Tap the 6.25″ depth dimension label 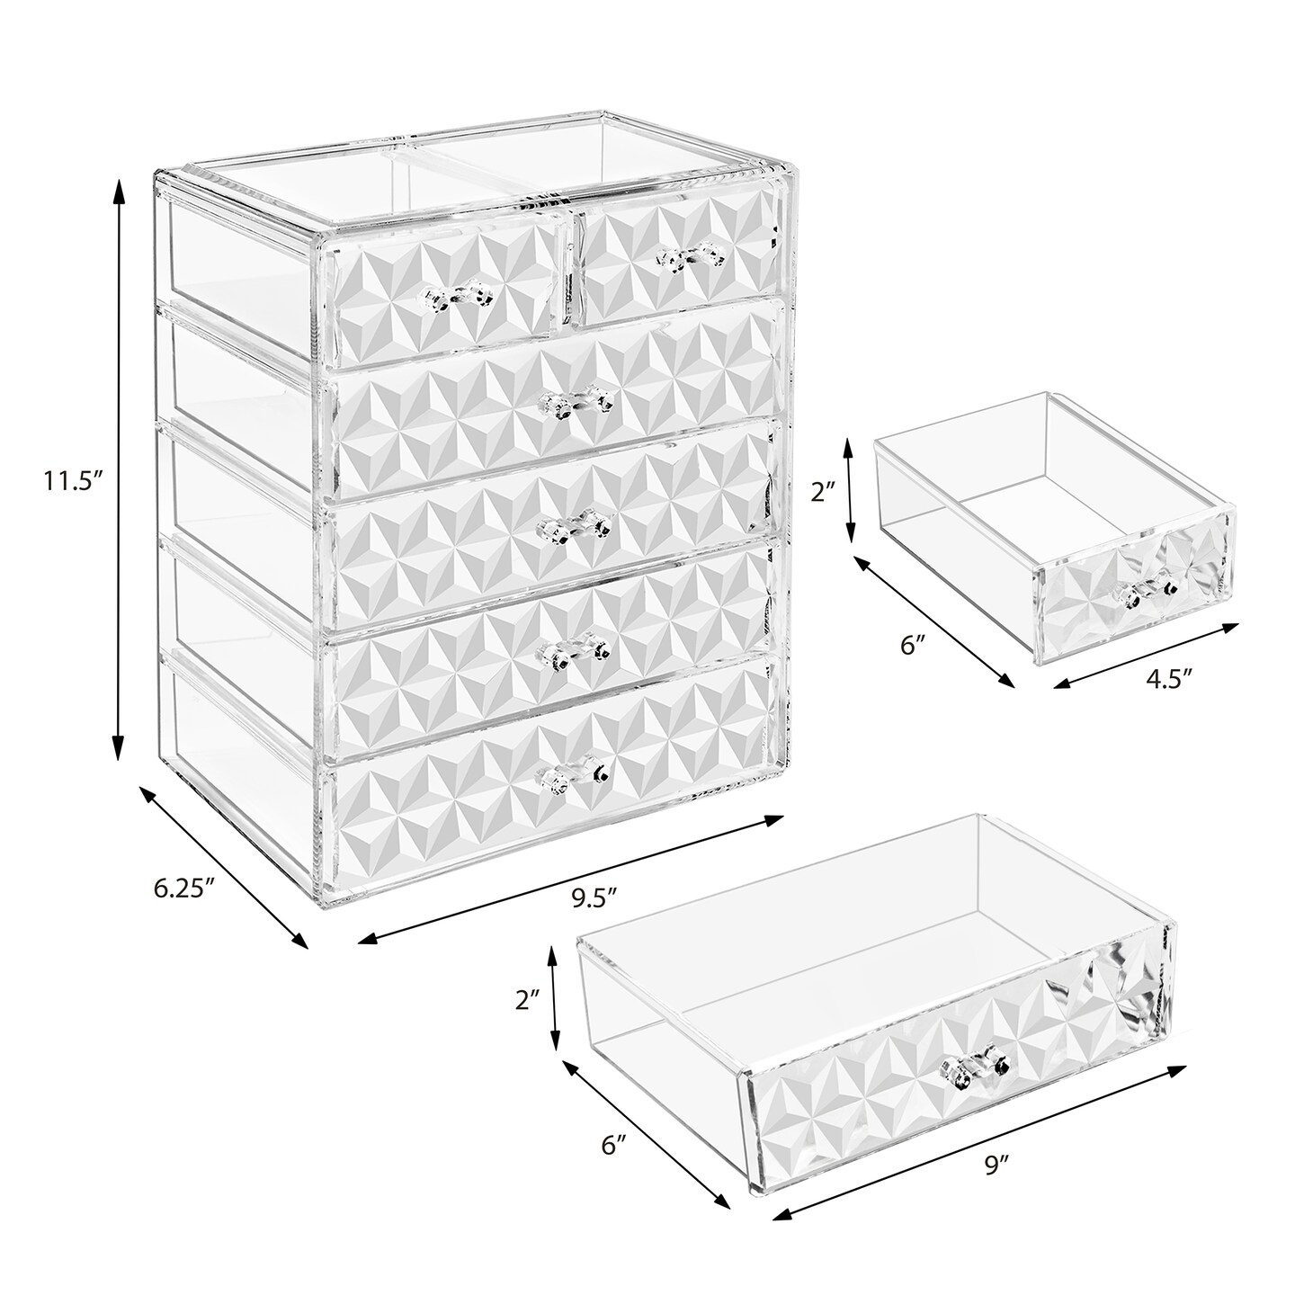tap(183, 889)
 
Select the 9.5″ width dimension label tap(594, 898)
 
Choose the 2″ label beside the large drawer tap(527, 1020)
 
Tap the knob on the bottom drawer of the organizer tap(573, 777)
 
